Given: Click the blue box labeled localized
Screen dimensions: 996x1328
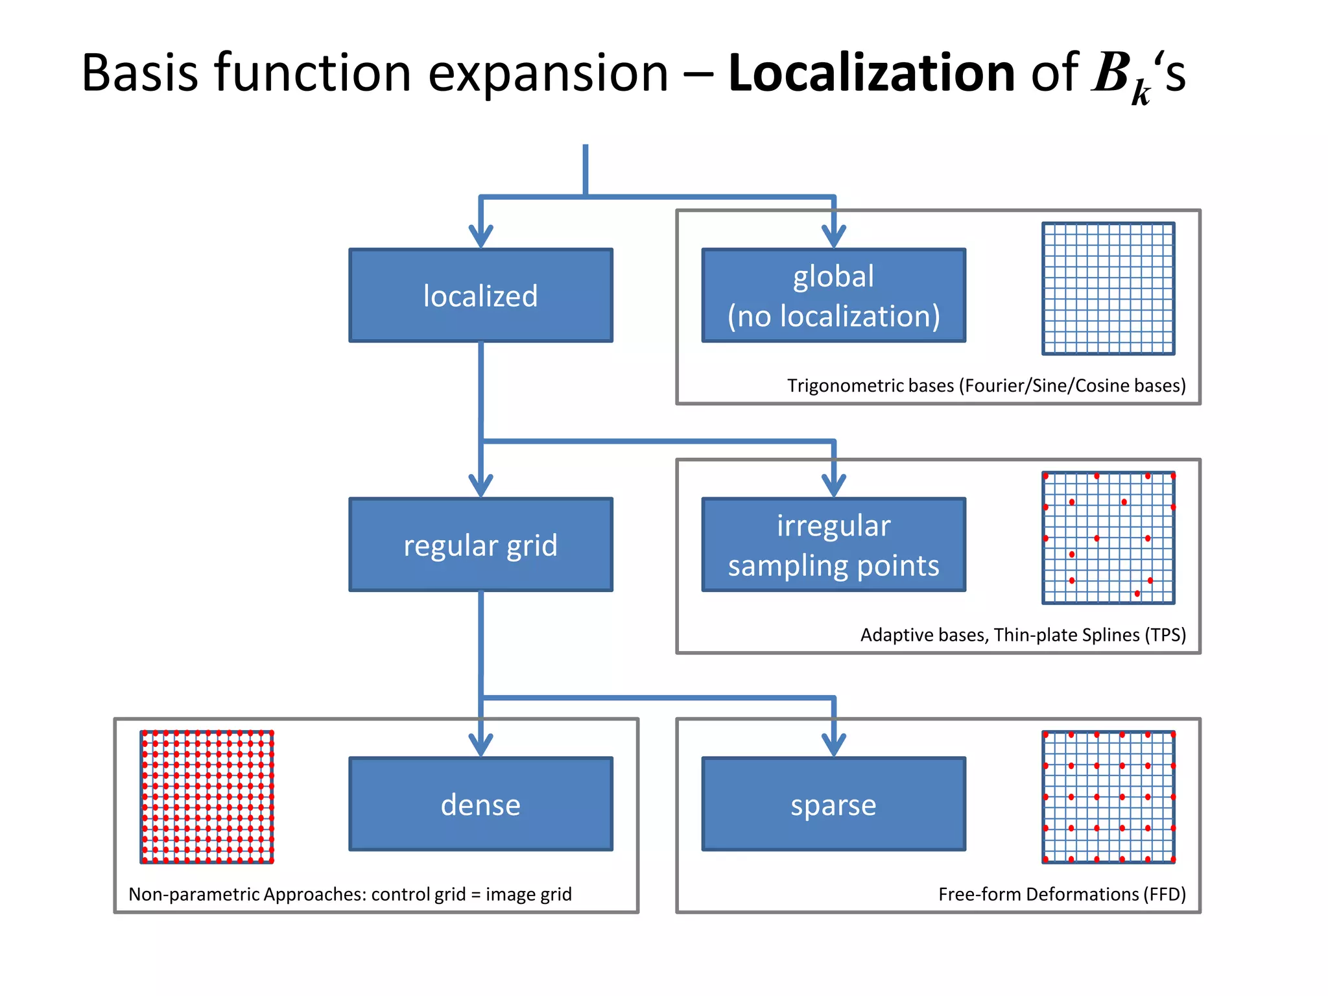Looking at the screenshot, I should [480, 296].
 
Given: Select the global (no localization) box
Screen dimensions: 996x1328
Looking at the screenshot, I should [833, 296].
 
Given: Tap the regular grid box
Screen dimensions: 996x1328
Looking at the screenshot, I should [480, 545].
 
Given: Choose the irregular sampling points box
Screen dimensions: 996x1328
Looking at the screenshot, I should [833, 545].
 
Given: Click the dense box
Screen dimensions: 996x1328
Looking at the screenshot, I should [480, 804].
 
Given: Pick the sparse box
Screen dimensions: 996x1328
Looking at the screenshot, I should [833, 804].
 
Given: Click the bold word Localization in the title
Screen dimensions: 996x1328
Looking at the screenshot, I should [871, 73].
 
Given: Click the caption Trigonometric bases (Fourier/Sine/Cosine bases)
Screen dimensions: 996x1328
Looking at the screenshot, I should [986, 386].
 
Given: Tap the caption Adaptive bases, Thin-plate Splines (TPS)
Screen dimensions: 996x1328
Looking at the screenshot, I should [1023, 635].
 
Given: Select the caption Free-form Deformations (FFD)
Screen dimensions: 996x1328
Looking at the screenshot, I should [1061, 894].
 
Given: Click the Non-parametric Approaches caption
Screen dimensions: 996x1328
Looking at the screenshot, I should [350, 894].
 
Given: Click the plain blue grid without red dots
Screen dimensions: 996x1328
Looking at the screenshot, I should [1108, 289].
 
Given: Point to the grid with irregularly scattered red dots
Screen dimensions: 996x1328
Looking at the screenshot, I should [1108, 538].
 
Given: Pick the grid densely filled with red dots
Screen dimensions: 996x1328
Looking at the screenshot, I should [207, 797].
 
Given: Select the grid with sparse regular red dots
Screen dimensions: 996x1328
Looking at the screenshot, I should [1108, 797].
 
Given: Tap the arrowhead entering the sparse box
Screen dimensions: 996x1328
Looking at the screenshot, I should [833, 745].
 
